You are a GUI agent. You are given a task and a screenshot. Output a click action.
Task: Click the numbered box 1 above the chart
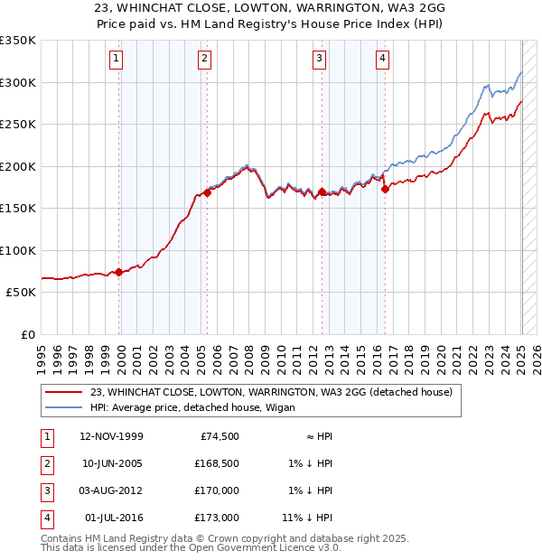click(x=117, y=60)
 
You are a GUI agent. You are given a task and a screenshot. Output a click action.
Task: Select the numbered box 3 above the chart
click(x=320, y=60)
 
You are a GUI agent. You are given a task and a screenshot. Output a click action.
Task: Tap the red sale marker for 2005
click(x=207, y=192)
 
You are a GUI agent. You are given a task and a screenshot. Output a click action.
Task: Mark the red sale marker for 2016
click(x=385, y=189)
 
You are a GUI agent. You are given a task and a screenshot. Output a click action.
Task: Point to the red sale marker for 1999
click(x=119, y=272)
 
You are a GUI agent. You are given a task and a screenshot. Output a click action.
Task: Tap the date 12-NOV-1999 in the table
click(x=112, y=436)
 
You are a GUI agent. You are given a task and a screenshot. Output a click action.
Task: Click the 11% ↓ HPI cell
click(x=309, y=518)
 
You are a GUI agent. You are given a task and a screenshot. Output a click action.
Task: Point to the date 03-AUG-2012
click(x=112, y=490)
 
